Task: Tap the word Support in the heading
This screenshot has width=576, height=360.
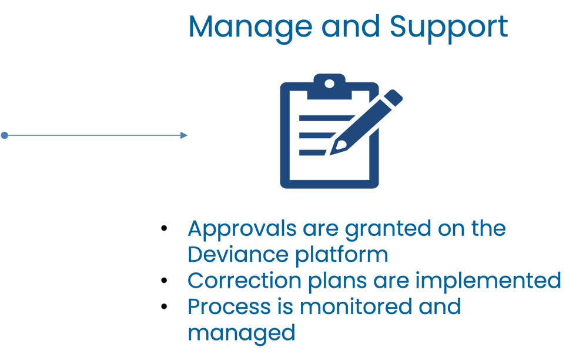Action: coord(449,27)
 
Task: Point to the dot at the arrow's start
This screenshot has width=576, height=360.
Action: coord(4,135)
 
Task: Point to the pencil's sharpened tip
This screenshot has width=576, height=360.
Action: coord(331,152)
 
